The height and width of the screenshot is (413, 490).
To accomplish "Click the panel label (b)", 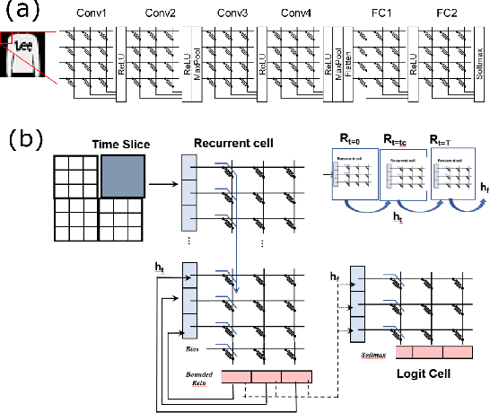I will click(x=24, y=141).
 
